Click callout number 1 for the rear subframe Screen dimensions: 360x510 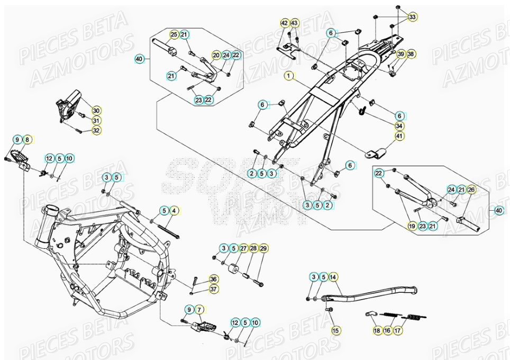(x=289, y=76)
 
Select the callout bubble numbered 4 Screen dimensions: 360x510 (x=175, y=211)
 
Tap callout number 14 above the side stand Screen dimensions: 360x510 (x=333, y=277)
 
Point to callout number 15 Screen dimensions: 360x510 (x=334, y=330)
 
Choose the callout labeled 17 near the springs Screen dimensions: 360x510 (x=397, y=330)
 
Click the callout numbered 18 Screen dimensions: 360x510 (x=377, y=330)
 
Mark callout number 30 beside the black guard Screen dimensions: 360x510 (x=96, y=110)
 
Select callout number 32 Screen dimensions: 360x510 (x=96, y=130)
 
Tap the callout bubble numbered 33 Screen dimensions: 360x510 (x=412, y=17)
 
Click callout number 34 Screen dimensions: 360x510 (x=399, y=125)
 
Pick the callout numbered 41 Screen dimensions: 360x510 (x=399, y=136)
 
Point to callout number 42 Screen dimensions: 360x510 (x=285, y=23)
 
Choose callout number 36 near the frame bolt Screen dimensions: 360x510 (x=213, y=279)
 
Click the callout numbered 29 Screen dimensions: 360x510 (x=263, y=248)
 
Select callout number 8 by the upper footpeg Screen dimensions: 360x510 (x=28, y=140)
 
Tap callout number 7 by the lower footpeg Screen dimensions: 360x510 (x=199, y=309)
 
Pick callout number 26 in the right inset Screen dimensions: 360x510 (x=471, y=189)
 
